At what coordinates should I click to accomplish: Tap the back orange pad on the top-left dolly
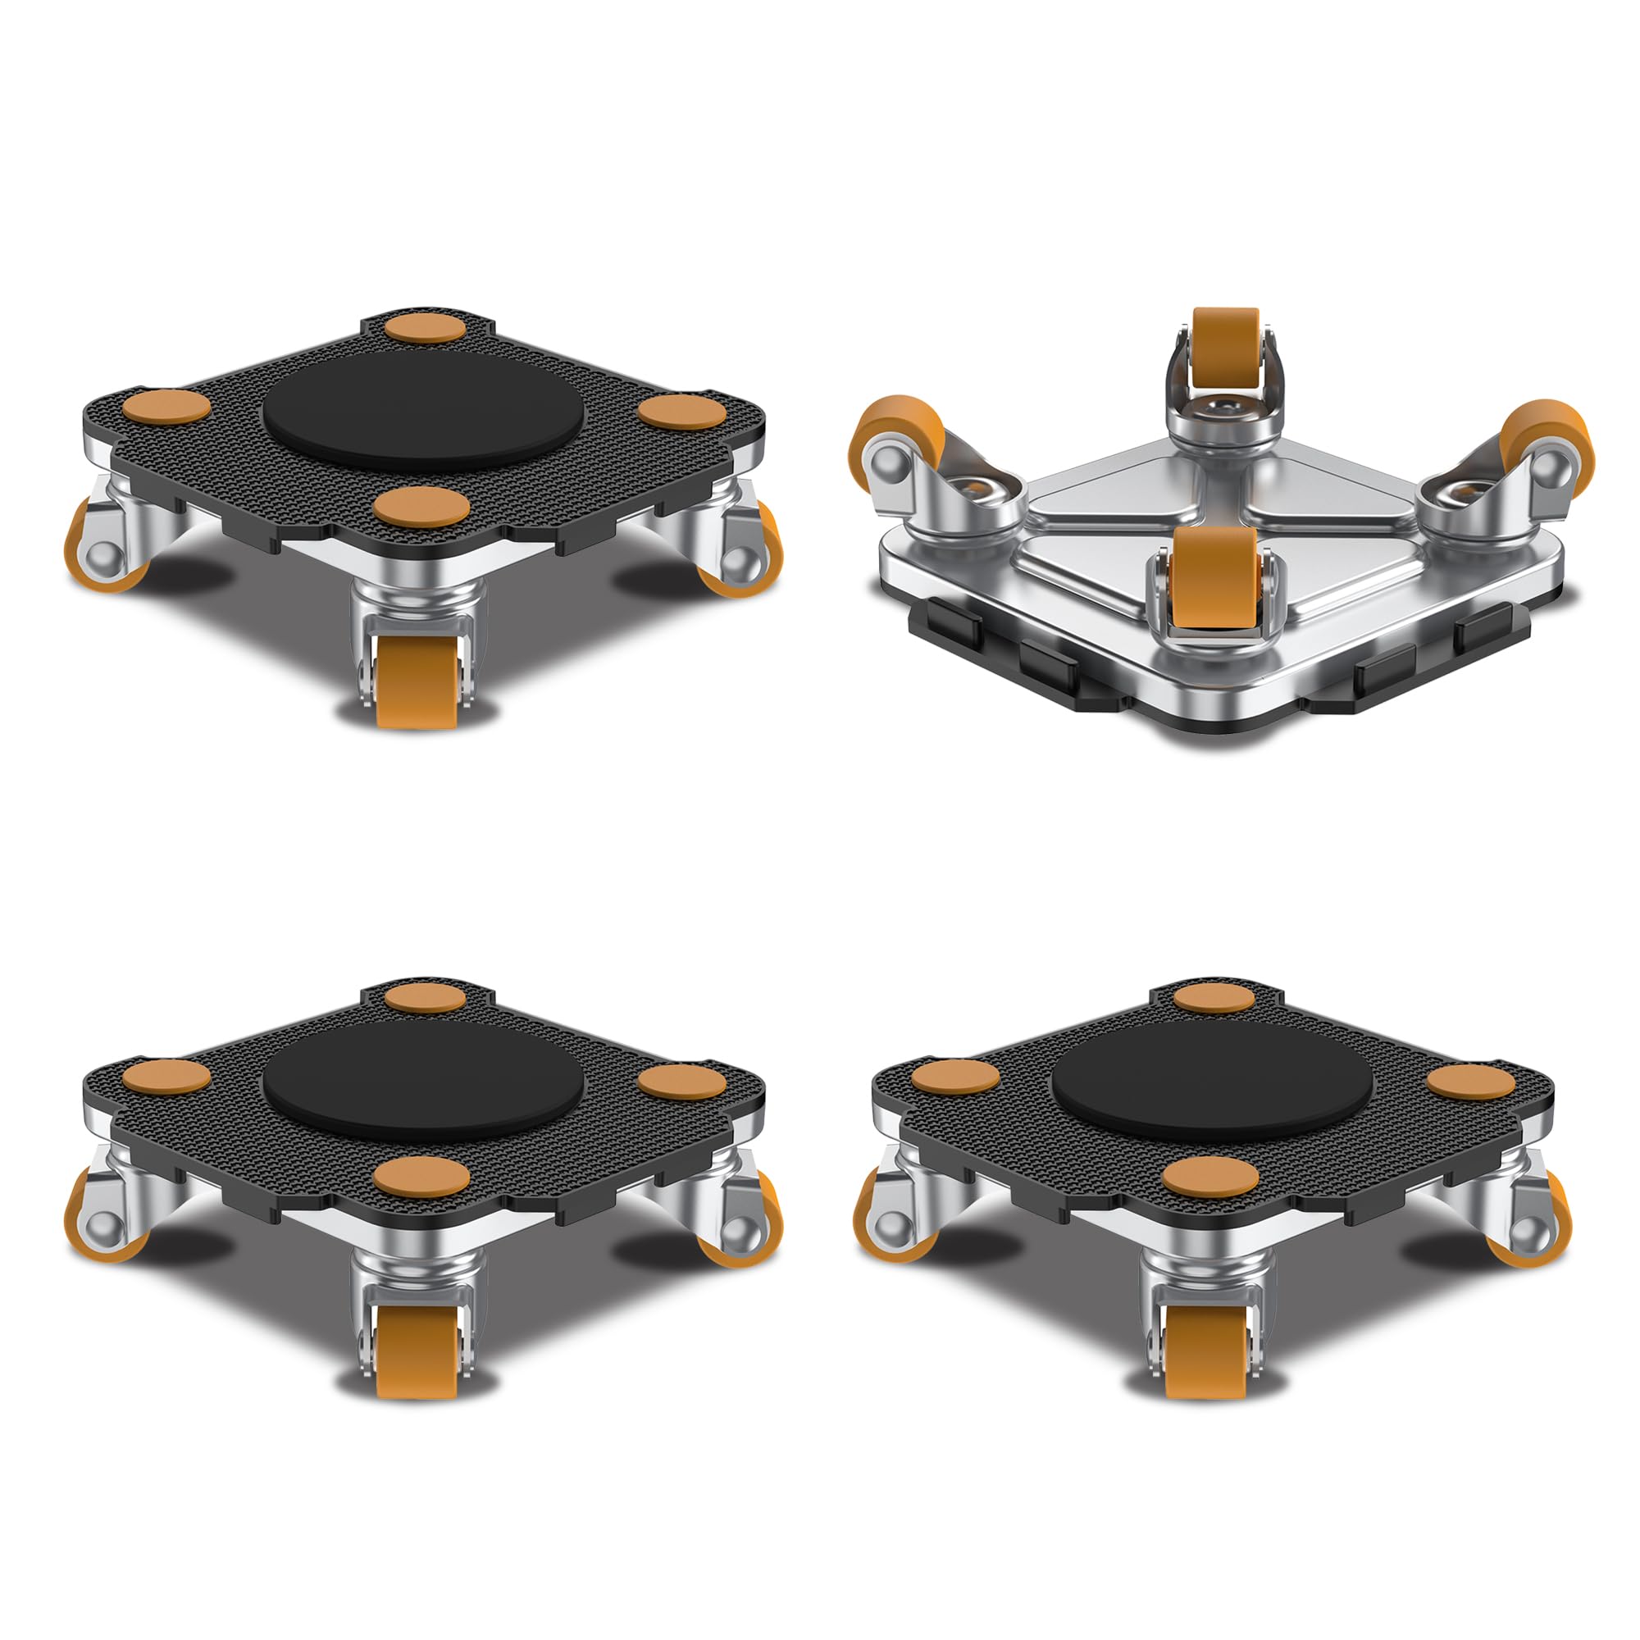425,328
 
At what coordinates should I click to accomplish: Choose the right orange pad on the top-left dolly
682,412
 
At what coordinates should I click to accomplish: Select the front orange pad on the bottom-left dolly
421,1178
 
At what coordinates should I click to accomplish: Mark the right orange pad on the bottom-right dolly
1471,1082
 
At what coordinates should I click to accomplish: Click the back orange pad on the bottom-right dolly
1214,998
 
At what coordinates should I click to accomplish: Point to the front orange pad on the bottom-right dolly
1210,1178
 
